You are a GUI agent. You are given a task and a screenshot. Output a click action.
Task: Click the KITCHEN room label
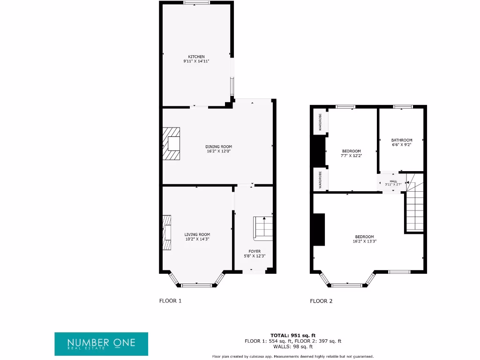[x=196, y=57]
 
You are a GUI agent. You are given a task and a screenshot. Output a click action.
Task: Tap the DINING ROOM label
[x=218, y=147]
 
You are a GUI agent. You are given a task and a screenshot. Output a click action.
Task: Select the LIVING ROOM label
[x=197, y=234]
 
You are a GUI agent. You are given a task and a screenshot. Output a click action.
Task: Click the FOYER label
[x=255, y=251]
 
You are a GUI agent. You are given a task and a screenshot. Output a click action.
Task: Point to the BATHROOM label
[x=402, y=140]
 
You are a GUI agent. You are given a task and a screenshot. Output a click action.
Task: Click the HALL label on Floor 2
[x=393, y=181]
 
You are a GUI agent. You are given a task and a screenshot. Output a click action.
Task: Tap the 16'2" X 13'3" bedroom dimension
[x=364, y=241]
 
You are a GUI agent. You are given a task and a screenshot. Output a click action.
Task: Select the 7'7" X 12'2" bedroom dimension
[x=351, y=156]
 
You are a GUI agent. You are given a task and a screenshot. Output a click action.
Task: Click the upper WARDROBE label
[x=320, y=122]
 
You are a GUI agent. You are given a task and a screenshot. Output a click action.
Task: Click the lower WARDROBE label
[x=320, y=180]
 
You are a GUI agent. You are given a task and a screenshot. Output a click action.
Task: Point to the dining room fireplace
[x=171, y=144]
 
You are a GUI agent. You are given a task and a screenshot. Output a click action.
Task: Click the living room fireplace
[x=167, y=233]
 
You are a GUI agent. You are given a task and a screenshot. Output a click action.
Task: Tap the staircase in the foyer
[x=263, y=228]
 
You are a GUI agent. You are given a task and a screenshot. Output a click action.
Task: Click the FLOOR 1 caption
[x=170, y=301]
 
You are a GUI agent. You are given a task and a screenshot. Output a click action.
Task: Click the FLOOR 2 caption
[x=321, y=301]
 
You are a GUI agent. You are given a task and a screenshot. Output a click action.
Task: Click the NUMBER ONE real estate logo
[x=101, y=344]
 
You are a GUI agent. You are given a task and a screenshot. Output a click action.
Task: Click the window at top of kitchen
[x=196, y=3]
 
